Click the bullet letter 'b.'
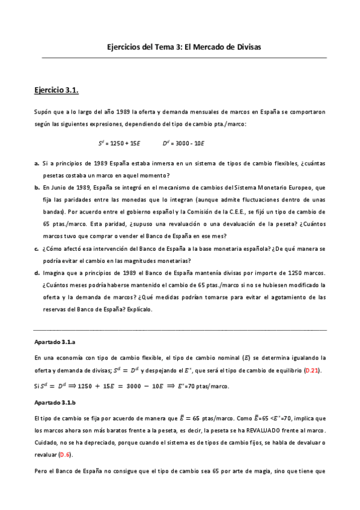click(37, 188)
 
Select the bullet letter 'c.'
click(37, 248)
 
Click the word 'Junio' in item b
click(61, 188)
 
